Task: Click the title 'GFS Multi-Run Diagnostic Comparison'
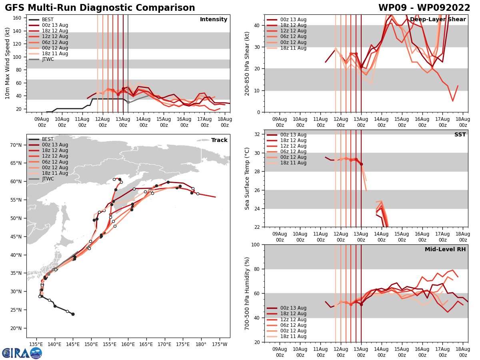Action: click(x=100, y=8)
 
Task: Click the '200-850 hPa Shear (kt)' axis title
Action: click(x=247, y=63)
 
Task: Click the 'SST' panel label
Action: click(x=460, y=135)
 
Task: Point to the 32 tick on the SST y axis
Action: click(x=257, y=134)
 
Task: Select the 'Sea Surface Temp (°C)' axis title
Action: click(x=247, y=178)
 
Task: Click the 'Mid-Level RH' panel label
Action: click(x=445, y=250)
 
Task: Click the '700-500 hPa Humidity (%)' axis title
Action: click(x=247, y=293)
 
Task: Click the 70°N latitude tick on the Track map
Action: click(x=18, y=145)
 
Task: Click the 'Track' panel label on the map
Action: click(x=219, y=140)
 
